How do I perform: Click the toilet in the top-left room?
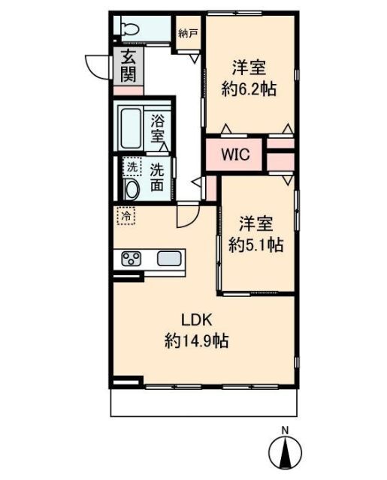pos(130,29)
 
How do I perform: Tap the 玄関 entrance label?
pos(128,65)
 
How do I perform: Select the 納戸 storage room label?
pos(188,33)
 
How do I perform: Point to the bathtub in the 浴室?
pos(131,128)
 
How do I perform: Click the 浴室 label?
pos(158,128)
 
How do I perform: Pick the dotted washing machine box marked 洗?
pos(132,166)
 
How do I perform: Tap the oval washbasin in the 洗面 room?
pos(132,190)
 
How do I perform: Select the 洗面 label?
pos(157,178)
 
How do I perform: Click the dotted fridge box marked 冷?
pos(126,216)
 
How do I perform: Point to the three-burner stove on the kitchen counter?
pos(132,259)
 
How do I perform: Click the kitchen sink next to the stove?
pos(169,259)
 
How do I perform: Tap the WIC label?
pos(235,154)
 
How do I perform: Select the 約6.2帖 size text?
pos(249,89)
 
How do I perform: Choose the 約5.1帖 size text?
pos(256,244)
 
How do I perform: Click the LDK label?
pos(197,320)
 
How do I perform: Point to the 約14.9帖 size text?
pos(197,340)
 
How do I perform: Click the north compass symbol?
pos(285,451)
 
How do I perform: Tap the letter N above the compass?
pos(286,430)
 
